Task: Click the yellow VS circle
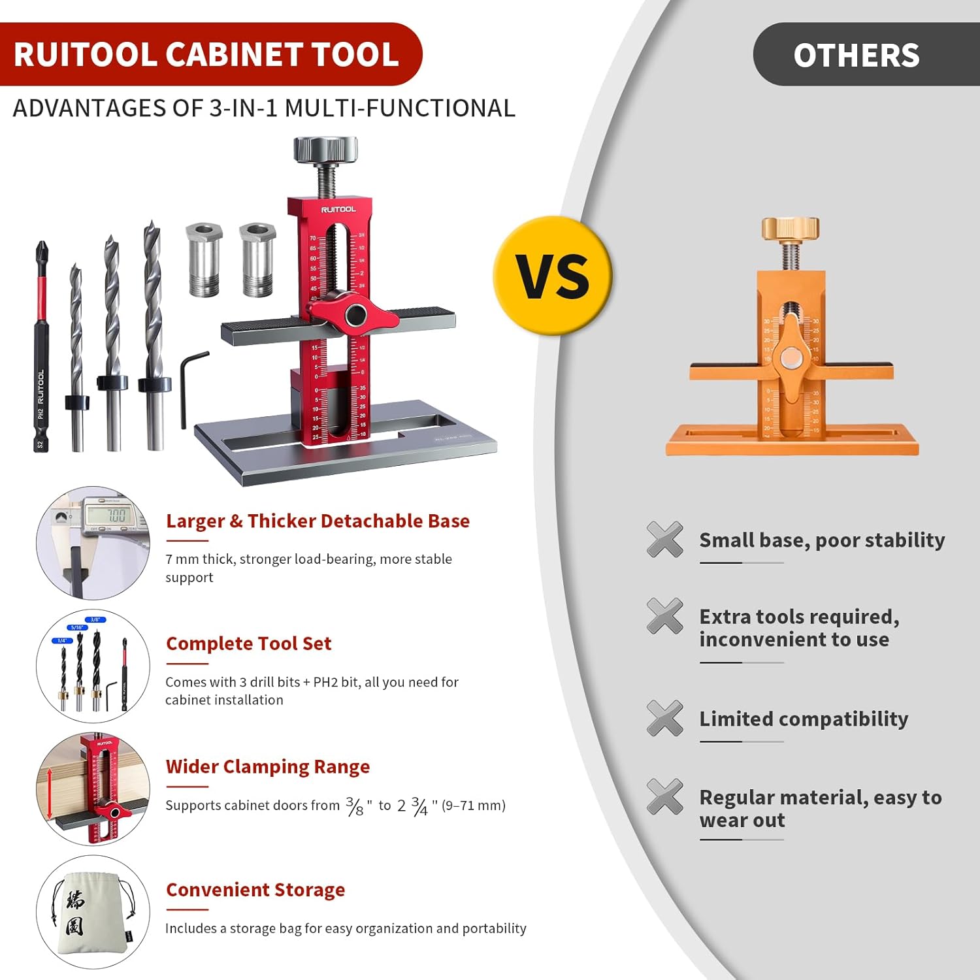pyautogui.click(x=553, y=276)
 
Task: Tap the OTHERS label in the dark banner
pyautogui.click(x=856, y=55)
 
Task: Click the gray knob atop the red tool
pyautogui.click(x=325, y=150)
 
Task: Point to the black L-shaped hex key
pyautogui.click(x=191, y=385)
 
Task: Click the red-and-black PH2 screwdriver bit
pyautogui.click(x=41, y=346)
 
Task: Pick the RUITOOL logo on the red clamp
pyautogui.click(x=338, y=209)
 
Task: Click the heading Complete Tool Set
pyautogui.click(x=248, y=644)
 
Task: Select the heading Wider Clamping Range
pyautogui.click(x=268, y=766)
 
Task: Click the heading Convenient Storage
pyautogui.click(x=255, y=890)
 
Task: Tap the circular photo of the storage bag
pyautogui.click(x=93, y=912)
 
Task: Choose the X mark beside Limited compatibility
pyautogui.click(x=664, y=718)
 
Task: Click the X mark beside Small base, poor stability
pyautogui.click(x=664, y=539)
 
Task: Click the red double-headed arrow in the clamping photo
pyautogui.click(x=50, y=794)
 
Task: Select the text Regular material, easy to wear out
pyautogui.click(x=820, y=808)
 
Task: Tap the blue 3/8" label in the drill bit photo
pyautogui.click(x=95, y=619)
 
